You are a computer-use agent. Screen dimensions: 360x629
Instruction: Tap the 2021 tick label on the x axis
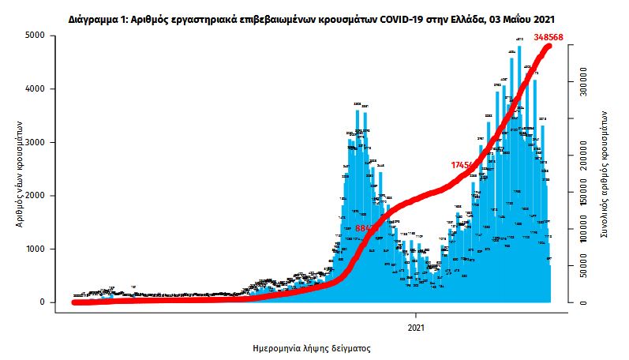[x=417, y=325]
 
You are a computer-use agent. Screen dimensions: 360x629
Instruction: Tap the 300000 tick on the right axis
[x=584, y=81]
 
